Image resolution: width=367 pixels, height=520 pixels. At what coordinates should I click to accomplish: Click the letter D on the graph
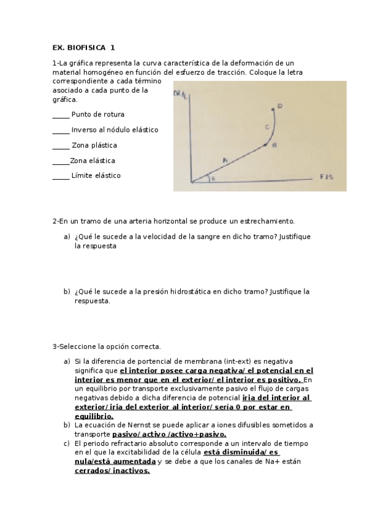(279, 106)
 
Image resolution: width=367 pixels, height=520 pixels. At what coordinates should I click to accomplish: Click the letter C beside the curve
(267, 127)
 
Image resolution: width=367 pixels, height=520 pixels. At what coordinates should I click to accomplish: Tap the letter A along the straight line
(225, 160)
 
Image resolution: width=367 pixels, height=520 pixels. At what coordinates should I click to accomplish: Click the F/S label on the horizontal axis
(326, 177)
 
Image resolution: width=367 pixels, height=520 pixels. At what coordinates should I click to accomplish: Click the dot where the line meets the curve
(265, 145)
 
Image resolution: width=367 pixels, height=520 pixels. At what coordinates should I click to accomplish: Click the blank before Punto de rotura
(61, 115)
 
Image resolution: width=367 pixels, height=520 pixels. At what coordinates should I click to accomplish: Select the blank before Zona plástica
(61, 145)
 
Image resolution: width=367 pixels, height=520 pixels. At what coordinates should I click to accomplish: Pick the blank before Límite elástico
(61, 175)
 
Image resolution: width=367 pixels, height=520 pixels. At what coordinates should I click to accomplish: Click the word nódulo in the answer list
(113, 130)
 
